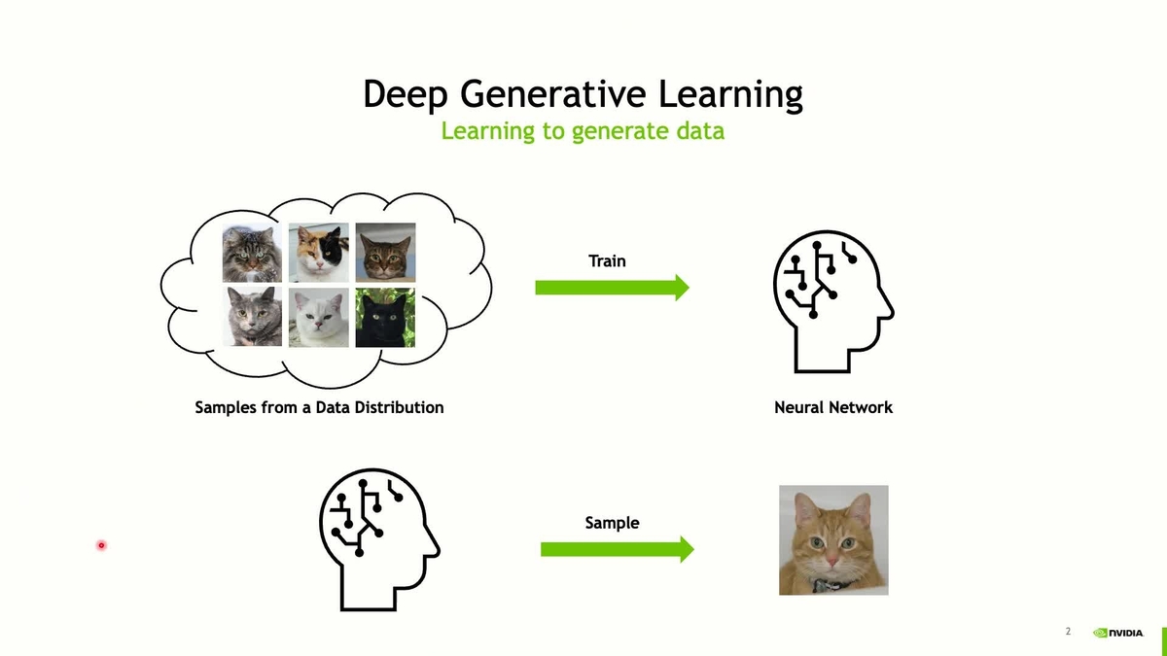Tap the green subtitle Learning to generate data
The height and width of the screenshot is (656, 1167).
click(x=583, y=130)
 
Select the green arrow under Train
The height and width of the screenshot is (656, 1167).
click(x=612, y=287)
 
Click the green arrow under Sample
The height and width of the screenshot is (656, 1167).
click(x=617, y=549)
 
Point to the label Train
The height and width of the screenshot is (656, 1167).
click(x=607, y=260)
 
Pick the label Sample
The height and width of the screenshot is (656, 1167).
click(x=612, y=523)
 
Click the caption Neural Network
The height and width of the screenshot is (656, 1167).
click(x=832, y=407)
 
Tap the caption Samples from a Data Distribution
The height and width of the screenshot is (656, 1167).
click(x=319, y=407)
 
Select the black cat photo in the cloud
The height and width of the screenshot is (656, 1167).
click(x=385, y=317)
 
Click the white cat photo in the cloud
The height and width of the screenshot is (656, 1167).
click(x=318, y=317)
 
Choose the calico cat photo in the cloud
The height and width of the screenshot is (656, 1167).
click(x=318, y=253)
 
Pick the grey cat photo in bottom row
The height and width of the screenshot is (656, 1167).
click(x=253, y=317)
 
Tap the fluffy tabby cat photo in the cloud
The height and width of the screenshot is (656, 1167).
click(x=253, y=253)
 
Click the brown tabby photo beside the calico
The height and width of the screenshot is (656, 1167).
click(x=385, y=253)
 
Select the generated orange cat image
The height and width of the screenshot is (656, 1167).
click(x=833, y=539)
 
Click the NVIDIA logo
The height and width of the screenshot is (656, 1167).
click(x=1117, y=632)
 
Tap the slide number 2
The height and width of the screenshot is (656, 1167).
click(x=1068, y=632)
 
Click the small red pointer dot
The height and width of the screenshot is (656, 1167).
click(x=101, y=545)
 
